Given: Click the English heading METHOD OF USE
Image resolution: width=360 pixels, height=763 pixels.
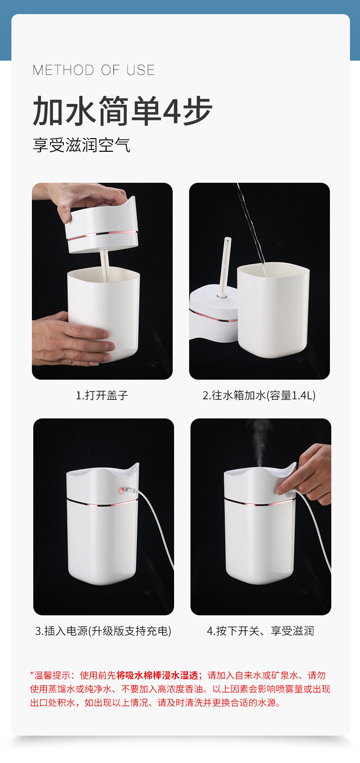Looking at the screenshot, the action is (94, 70).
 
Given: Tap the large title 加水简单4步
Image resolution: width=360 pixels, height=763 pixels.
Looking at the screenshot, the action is (123, 111).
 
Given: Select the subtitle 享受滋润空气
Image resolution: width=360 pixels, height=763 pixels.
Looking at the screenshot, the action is (82, 145).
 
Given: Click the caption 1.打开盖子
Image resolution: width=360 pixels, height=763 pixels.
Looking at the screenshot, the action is (102, 396).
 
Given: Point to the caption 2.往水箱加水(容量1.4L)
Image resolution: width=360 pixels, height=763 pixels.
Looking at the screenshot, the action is (259, 396).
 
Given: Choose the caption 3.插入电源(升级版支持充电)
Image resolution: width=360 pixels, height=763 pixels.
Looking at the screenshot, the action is (103, 631).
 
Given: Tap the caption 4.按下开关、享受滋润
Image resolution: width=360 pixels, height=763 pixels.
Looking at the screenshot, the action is (261, 631).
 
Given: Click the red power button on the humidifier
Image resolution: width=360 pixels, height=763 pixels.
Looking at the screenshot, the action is (121, 491).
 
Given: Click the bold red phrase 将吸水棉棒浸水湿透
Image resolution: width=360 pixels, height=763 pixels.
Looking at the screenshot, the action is (157, 675).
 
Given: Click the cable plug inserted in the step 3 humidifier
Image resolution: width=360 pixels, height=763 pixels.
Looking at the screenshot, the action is (131, 490).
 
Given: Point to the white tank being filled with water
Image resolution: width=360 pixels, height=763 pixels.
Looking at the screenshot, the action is (273, 310).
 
